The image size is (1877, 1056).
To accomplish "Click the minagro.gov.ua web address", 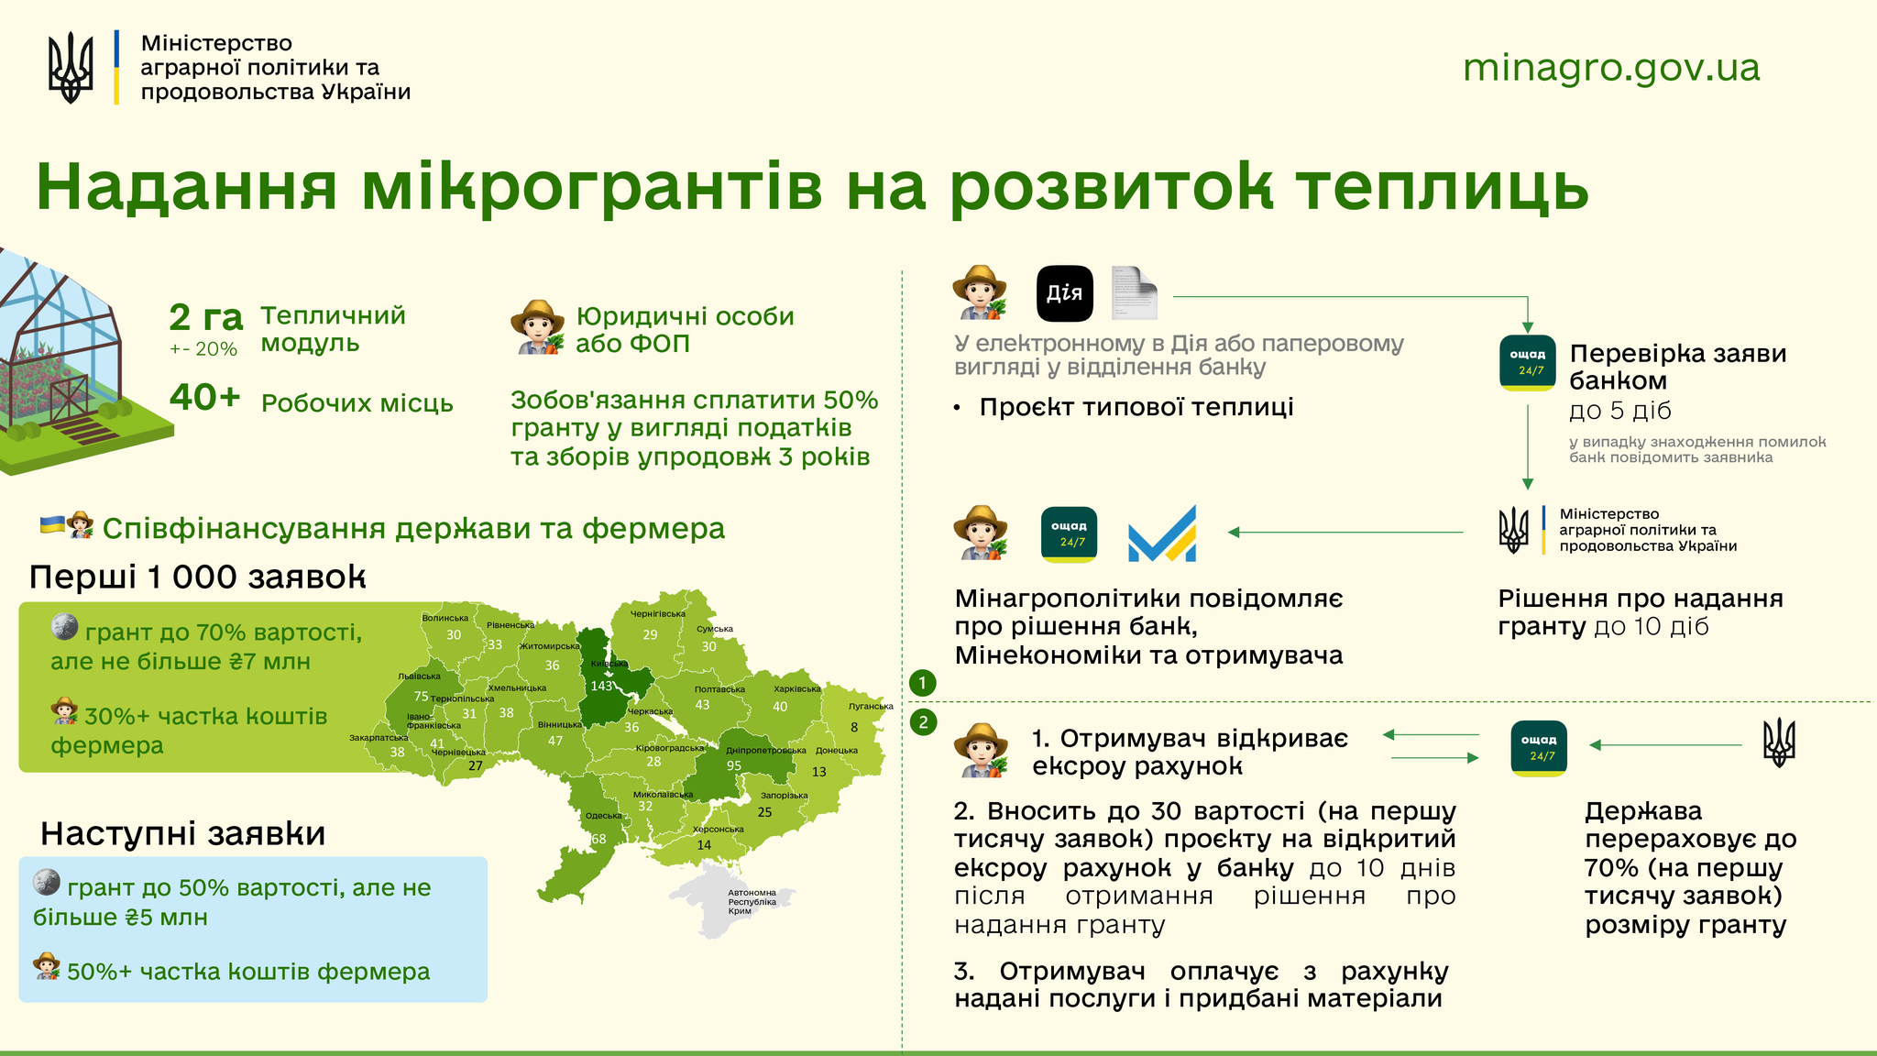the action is pyautogui.click(x=1611, y=68).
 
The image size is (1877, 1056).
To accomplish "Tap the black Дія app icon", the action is pyautogui.click(x=1064, y=293).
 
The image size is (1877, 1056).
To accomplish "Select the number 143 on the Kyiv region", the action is pyautogui.click(x=601, y=686).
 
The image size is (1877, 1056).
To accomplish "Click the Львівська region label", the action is pyautogui.click(x=419, y=676).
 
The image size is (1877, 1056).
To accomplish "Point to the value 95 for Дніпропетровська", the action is pyautogui.click(x=734, y=765).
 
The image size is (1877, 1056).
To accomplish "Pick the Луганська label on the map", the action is pyautogui.click(x=871, y=706).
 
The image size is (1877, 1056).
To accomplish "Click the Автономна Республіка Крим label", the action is pyautogui.click(x=752, y=901).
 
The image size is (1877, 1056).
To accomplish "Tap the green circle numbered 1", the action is pyautogui.click(x=923, y=682).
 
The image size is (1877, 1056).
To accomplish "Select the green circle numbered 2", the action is pyautogui.click(x=923, y=722).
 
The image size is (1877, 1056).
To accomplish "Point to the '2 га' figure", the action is pyautogui.click(x=206, y=317).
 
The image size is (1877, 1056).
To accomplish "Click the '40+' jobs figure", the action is pyautogui.click(x=205, y=397).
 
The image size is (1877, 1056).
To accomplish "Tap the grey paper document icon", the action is pyautogui.click(x=1134, y=293).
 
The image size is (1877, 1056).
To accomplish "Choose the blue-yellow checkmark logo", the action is pyautogui.click(x=1162, y=533).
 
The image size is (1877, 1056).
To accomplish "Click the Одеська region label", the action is pyautogui.click(x=603, y=816).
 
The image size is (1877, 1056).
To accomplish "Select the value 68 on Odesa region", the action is pyautogui.click(x=598, y=839).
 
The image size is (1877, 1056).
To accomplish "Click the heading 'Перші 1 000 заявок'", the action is pyautogui.click(x=197, y=577).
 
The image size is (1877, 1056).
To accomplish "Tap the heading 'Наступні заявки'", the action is pyautogui.click(x=183, y=833).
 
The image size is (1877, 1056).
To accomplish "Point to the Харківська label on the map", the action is pyautogui.click(x=797, y=688).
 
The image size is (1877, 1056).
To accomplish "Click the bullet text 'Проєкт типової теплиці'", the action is pyautogui.click(x=1136, y=407).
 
